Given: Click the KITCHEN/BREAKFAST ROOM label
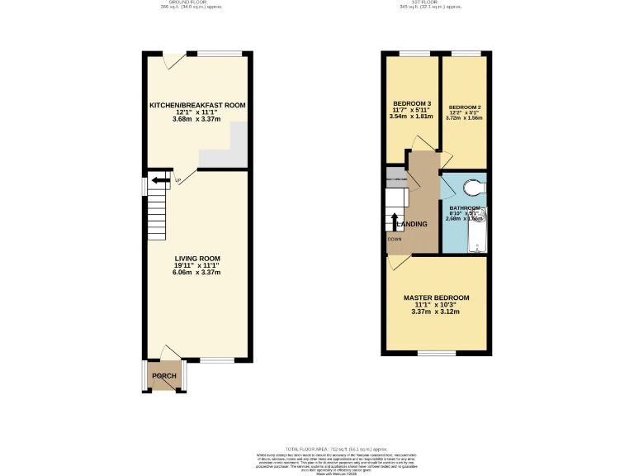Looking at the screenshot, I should (197, 106).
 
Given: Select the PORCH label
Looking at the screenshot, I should (163, 376).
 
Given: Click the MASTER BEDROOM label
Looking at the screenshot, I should (436, 297).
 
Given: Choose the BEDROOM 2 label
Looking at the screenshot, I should (464, 108).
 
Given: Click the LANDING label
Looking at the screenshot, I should (412, 224).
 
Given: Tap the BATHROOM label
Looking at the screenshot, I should (464, 208).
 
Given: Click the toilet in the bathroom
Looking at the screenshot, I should (472, 187).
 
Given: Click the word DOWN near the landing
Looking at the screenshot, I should (395, 240).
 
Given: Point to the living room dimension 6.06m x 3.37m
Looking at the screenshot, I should (197, 272).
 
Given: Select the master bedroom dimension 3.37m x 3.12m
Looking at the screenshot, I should (436, 312).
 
